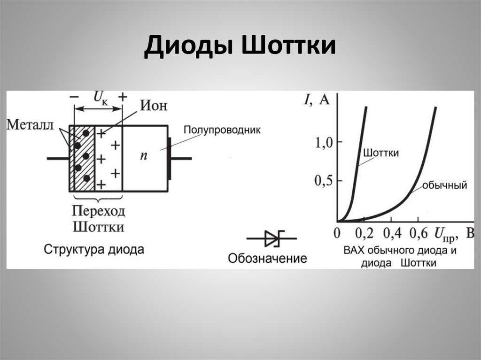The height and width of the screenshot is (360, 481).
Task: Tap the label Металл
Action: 30,125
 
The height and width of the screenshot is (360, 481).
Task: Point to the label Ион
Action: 154,106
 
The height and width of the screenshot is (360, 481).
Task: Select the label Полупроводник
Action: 222,130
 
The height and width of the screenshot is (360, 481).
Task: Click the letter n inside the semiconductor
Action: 144,156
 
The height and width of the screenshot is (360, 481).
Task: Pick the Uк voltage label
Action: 101,98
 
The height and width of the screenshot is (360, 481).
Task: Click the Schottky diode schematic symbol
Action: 272,238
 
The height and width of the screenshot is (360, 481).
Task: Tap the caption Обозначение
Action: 267,258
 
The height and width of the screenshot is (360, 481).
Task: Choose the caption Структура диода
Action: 94,249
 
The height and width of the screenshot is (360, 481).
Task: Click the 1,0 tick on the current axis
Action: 324,143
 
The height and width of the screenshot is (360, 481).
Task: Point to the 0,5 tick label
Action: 324,181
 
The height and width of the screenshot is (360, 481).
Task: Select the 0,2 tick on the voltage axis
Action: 365,233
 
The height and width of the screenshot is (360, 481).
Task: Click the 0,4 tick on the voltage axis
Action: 392,233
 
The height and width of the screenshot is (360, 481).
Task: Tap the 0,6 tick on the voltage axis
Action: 419,233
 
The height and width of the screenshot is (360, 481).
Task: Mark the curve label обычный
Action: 444,185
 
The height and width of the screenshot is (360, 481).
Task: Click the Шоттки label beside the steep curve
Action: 381,153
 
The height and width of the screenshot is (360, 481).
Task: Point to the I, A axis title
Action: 316,100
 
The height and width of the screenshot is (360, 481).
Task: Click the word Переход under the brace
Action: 99,211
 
